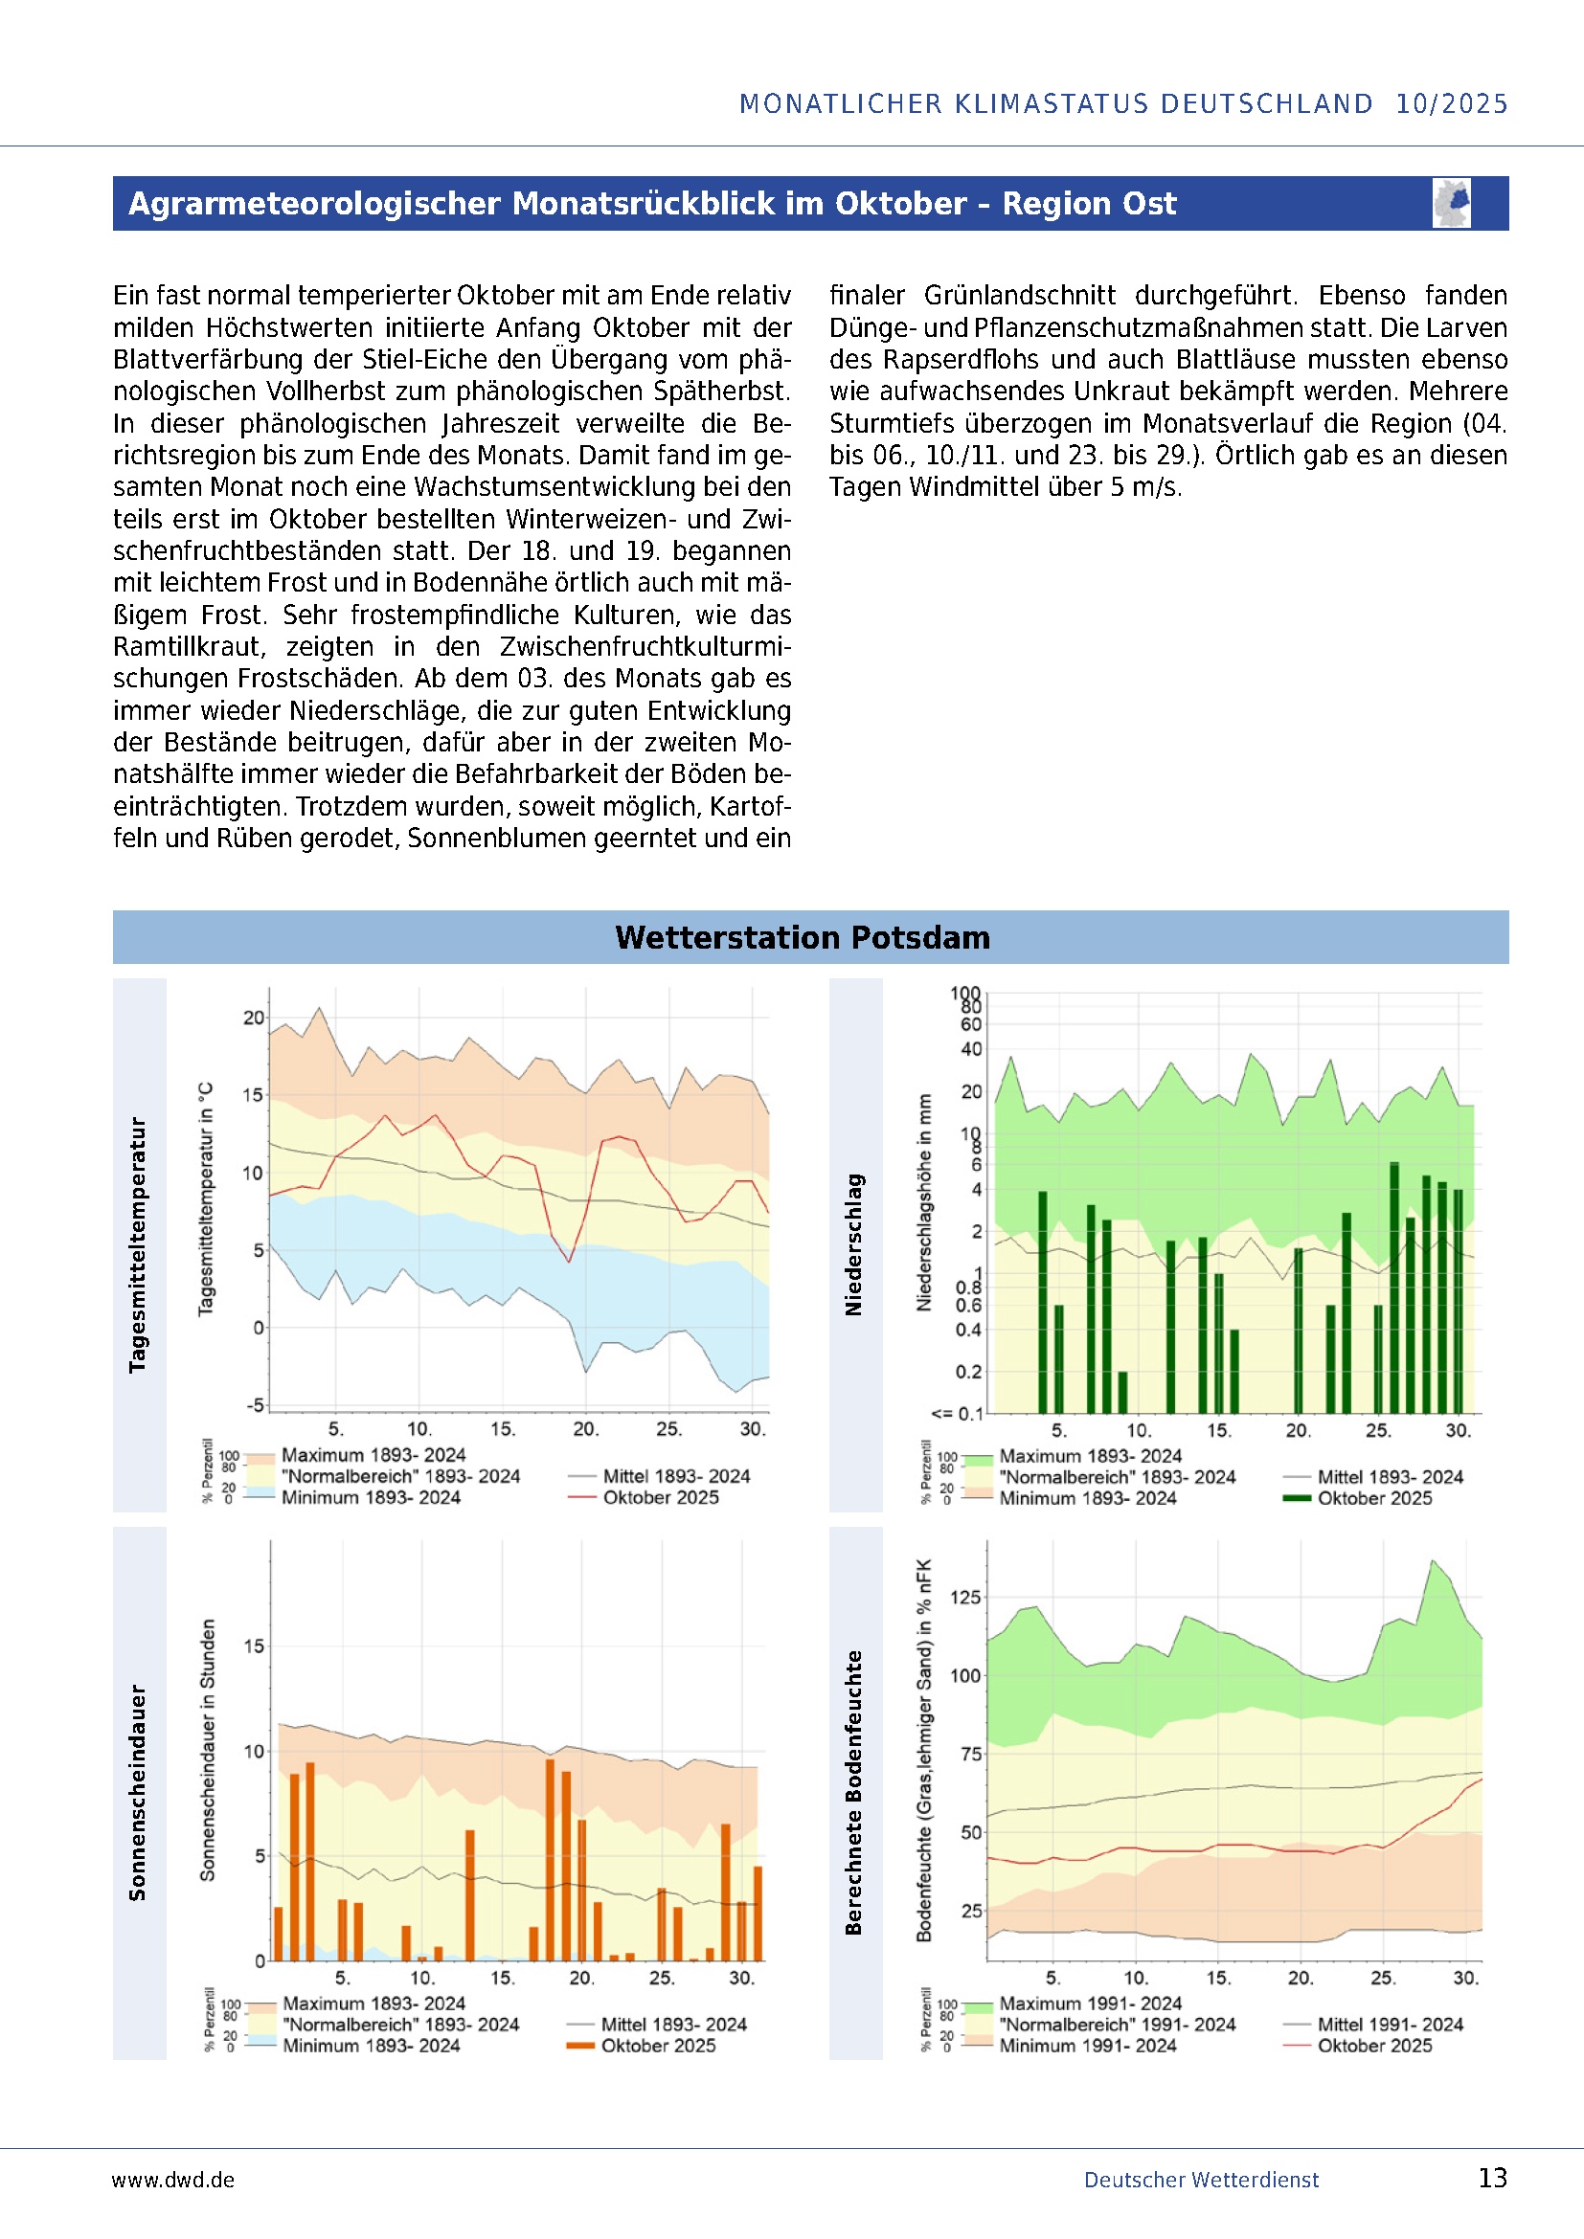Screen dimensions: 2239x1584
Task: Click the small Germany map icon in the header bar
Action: (x=1451, y=203)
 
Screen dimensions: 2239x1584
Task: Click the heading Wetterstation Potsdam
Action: (x=802, y=937)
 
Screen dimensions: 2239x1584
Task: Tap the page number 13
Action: (x=1492, y=2178)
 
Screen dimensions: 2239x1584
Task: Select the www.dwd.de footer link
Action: (x=172, y=2180)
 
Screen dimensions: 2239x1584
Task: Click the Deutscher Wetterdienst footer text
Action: (x=1201, y=2180)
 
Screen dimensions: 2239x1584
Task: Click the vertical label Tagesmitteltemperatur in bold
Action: (x=138, y=1244)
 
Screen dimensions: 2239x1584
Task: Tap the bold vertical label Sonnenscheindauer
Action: (x=138, y=1792)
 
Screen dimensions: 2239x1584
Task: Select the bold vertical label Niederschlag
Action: (x=853, y=1244)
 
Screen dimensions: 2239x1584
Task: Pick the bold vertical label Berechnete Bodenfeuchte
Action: (x=853, y=1792)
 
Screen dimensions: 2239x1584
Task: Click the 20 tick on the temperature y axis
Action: (x=254, y=1018)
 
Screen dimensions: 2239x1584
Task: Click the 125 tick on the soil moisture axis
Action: (x=964, y=1598)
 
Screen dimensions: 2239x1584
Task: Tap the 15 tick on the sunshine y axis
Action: (x=254, y=1646)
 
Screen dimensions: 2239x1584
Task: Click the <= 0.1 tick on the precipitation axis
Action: (x=956, y=1413)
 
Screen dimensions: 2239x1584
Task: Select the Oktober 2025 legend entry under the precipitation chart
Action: (x=1374, y=1498)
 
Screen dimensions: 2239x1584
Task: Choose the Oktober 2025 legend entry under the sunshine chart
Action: (x=658, y=2046)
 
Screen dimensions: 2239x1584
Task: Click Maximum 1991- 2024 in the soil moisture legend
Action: (x=1090, y=2003)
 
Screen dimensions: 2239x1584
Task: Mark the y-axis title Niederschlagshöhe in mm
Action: (x=923, y=1201)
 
